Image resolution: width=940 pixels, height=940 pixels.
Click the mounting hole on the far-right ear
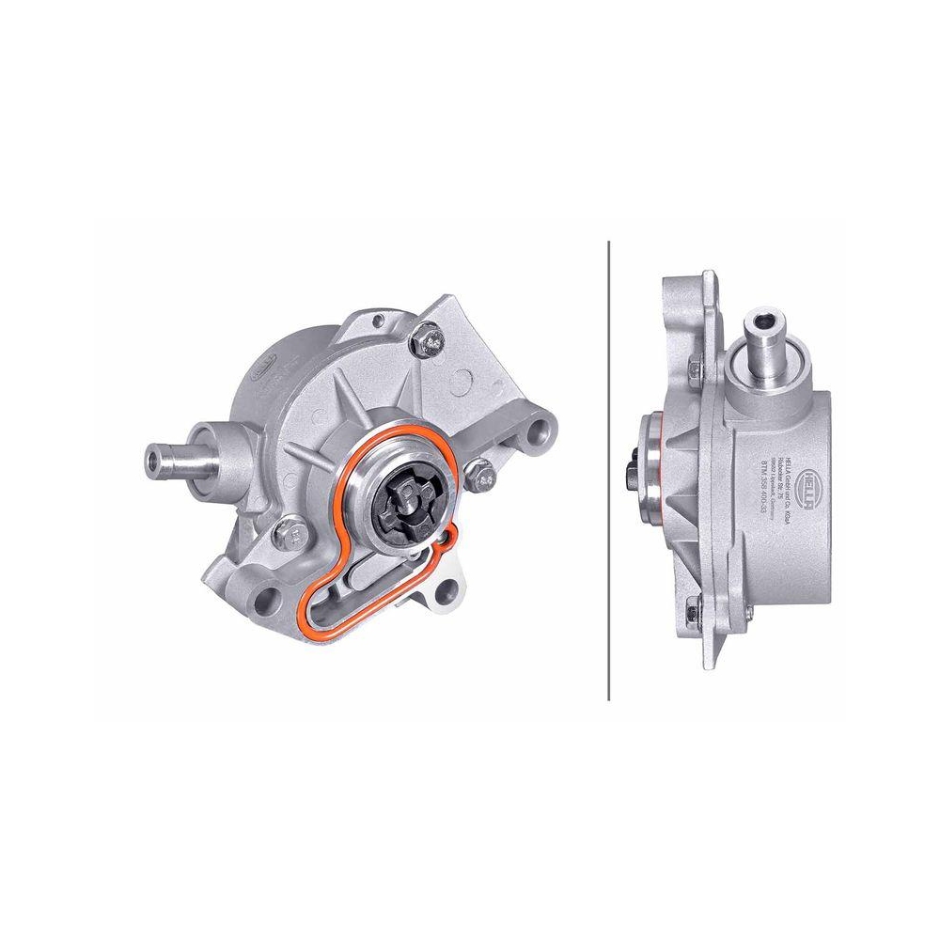540,434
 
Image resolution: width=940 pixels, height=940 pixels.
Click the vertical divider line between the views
609,470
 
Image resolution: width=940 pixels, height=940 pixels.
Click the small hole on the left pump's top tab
376,320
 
